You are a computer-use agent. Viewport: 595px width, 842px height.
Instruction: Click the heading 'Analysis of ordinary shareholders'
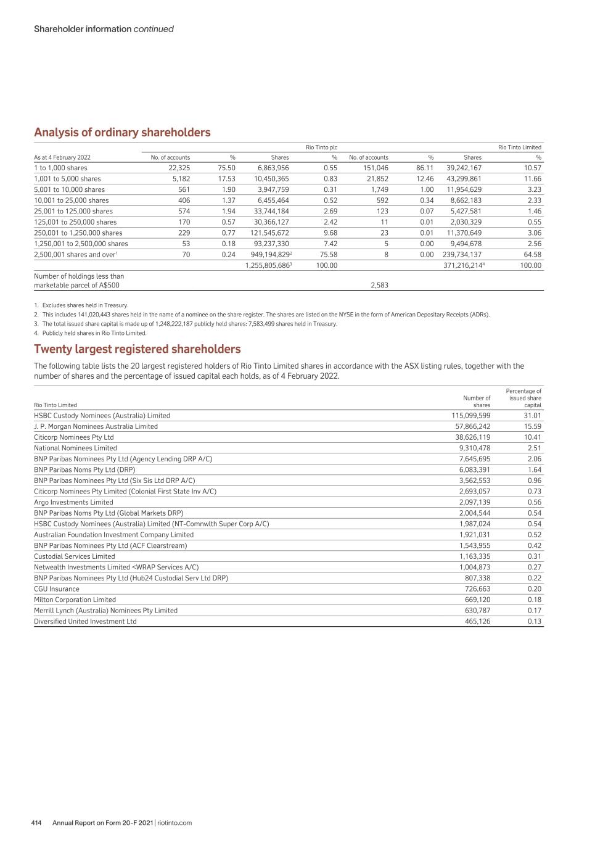(x=122, y=133)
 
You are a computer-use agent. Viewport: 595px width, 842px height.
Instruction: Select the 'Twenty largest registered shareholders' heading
(x=137, y=349)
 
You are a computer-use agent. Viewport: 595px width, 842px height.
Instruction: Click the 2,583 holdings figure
(x=379, y=286)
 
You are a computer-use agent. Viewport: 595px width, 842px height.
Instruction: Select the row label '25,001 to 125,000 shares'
(x=73, y=211)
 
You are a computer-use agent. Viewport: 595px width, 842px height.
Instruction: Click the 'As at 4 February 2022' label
(x=62, y=157)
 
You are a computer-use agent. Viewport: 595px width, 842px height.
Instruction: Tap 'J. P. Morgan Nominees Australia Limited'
(x=96, y=426)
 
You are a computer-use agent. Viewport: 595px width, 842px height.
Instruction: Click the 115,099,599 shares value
(x=471, y=416)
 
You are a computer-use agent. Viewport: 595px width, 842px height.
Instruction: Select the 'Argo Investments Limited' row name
(x=73, y=502)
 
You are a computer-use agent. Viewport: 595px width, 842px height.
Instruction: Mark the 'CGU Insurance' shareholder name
(x=57, y=588)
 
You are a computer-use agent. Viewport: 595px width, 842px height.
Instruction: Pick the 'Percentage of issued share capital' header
(x=523, y=398)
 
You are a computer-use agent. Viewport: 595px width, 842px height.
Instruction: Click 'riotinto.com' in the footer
(x=174, y=823)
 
